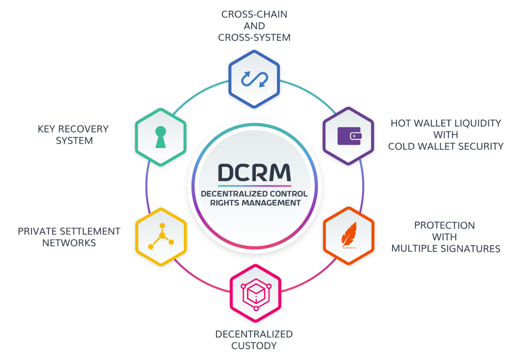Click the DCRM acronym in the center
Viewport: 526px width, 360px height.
(x=254, y=173)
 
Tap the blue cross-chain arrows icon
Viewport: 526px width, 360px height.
(x=255, y=79)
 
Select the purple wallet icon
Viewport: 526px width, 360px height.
(x=349, y=136)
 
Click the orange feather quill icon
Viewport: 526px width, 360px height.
(x=349, y=235)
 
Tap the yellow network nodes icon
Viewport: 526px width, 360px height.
(x=161, y=236)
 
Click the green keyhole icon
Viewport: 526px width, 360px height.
(x=161, y=137)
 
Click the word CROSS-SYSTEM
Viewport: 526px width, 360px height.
(x=254, y=38)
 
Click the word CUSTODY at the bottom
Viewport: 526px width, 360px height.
(x=254, y=346)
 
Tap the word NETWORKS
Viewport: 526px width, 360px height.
(x=69, y=243)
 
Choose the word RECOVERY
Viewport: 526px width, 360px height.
(x=83, y=129)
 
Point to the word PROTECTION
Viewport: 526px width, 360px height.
(x=444, y=225)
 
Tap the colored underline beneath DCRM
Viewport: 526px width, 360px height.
(x=254, y=186)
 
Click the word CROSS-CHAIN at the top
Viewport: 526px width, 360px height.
(x=254, y=14)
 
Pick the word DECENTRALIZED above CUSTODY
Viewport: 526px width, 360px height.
(x=254, y=334)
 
